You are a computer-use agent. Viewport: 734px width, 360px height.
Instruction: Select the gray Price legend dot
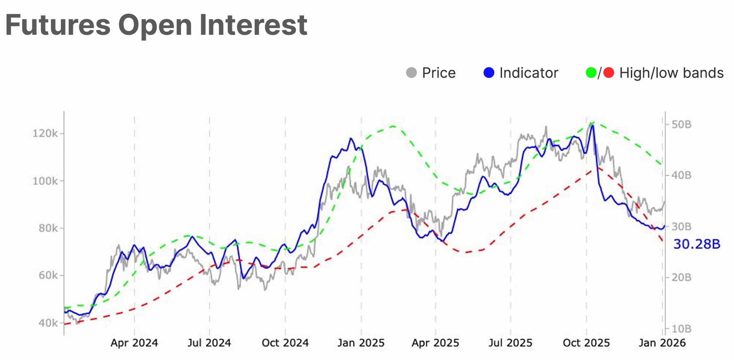411,73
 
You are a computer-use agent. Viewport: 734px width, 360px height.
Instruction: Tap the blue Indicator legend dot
489,73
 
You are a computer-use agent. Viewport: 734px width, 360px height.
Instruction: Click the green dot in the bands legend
591,73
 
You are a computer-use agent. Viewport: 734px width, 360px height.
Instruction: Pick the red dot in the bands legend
608,73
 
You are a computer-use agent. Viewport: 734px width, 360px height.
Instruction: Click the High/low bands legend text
671,73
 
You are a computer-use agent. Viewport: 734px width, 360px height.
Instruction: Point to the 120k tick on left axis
45,133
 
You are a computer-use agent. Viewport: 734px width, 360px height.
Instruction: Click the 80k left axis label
48,228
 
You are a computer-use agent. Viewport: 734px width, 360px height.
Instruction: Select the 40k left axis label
48,323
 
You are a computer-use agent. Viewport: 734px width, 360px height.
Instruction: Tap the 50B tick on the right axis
681,124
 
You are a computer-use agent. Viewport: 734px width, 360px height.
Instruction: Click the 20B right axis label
681,278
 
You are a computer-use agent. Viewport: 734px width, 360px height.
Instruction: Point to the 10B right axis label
681,329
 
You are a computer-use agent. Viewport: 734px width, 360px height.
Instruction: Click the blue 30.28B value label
697,244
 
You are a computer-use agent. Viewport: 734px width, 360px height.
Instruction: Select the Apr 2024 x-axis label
134,343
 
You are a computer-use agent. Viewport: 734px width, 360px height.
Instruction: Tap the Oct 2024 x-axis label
285,343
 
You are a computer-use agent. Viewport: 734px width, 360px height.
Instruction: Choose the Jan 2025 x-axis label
361,343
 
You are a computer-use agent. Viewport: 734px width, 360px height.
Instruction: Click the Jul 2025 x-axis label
510,343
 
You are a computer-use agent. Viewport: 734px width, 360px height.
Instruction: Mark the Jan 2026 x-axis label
662,343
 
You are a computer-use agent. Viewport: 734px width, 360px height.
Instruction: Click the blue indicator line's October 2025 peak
592,126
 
